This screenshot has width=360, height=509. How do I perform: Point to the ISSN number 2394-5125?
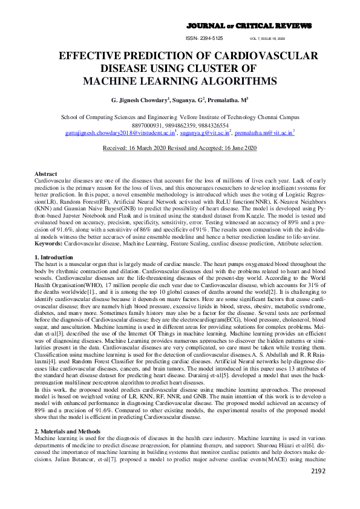pyautogui.click(x=208, y=37)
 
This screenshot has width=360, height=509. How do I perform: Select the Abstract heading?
pyautogui.click(x=46, y=173)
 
